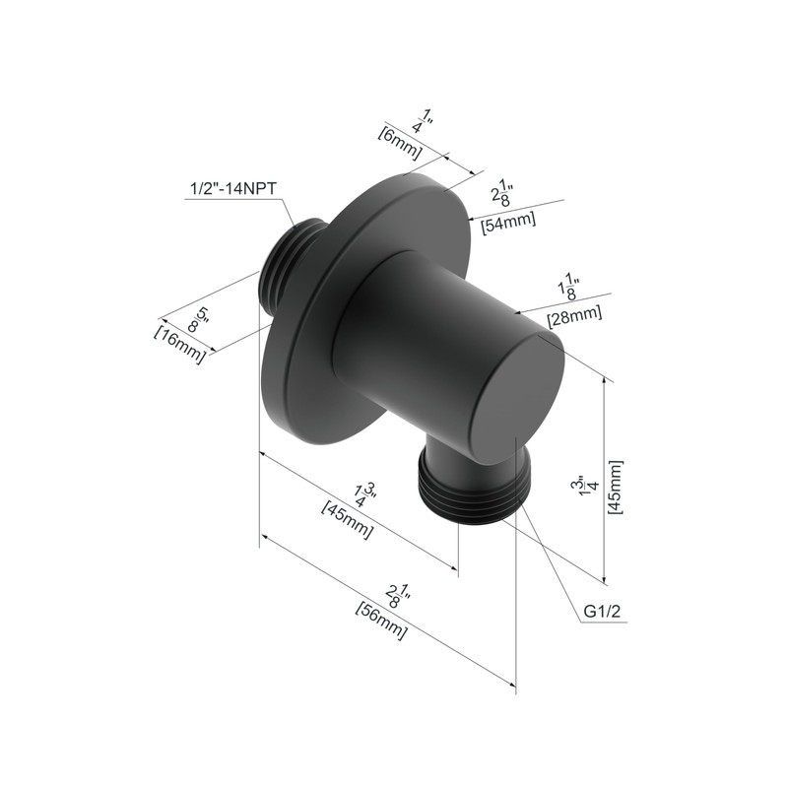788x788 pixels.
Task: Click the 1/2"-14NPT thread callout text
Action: [233, 189]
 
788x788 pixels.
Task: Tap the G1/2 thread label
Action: [602, 611]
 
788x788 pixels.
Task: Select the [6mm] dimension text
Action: [400, 143]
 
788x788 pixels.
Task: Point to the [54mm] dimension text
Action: [508, 222]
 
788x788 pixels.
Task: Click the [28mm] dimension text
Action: [574, 315]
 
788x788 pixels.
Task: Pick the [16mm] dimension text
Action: [180, 345]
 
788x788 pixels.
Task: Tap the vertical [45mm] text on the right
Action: [615, 487]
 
